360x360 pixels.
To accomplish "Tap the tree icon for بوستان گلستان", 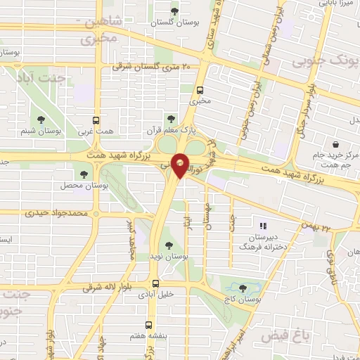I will click(175, 10).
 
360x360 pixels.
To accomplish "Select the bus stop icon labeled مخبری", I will click(200, 90).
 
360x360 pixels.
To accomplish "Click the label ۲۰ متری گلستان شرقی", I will click(151, 67).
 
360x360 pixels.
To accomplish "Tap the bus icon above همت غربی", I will click(96, 120).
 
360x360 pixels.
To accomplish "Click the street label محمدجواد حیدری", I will click(58, 212).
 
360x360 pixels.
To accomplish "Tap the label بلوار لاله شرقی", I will click(105, 288).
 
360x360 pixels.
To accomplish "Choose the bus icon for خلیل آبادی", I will click(155, 283).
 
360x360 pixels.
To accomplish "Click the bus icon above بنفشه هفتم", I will click(148, 325).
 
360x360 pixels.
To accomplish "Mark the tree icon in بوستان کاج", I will click(243, 288).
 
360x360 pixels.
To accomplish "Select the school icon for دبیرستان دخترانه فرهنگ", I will click(264, 226).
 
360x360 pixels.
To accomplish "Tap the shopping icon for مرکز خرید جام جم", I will click(337, 144).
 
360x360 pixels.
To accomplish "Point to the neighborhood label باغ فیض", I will click(285, 336).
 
